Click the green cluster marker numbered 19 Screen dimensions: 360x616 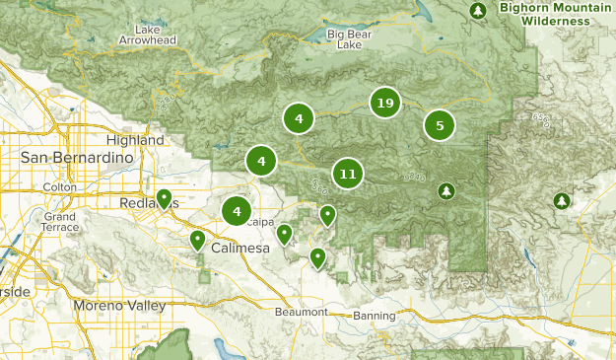point(384,103)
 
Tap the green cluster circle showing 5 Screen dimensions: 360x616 point(440,125)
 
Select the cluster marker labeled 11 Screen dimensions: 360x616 point(347,175)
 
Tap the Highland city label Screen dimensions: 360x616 point(138,141)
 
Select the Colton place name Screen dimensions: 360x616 point(61,187)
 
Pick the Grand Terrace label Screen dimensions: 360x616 point(59,222)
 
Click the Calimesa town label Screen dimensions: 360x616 point(240,249)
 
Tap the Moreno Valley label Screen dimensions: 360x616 point(119,306)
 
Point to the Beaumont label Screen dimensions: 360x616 point(301,312)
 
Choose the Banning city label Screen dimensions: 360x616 point(375,316)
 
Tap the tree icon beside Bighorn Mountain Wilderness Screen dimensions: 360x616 point(479,11)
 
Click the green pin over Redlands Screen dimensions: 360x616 point(164,198)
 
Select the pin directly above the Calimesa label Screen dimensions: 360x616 point(197,240)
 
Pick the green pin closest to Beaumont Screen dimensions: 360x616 point(317,257)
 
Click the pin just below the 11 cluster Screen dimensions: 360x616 point(328,214)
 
